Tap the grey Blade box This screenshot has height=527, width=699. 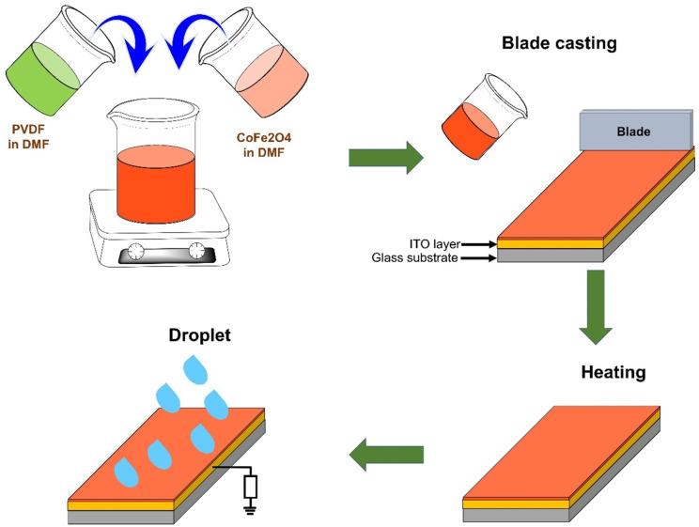[x=632, y=132]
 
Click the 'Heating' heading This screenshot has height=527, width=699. [x=613, y=373]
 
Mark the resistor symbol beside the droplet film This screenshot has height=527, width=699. [x=251, y=487]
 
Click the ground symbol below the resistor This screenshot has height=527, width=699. [x=251, y=509]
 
